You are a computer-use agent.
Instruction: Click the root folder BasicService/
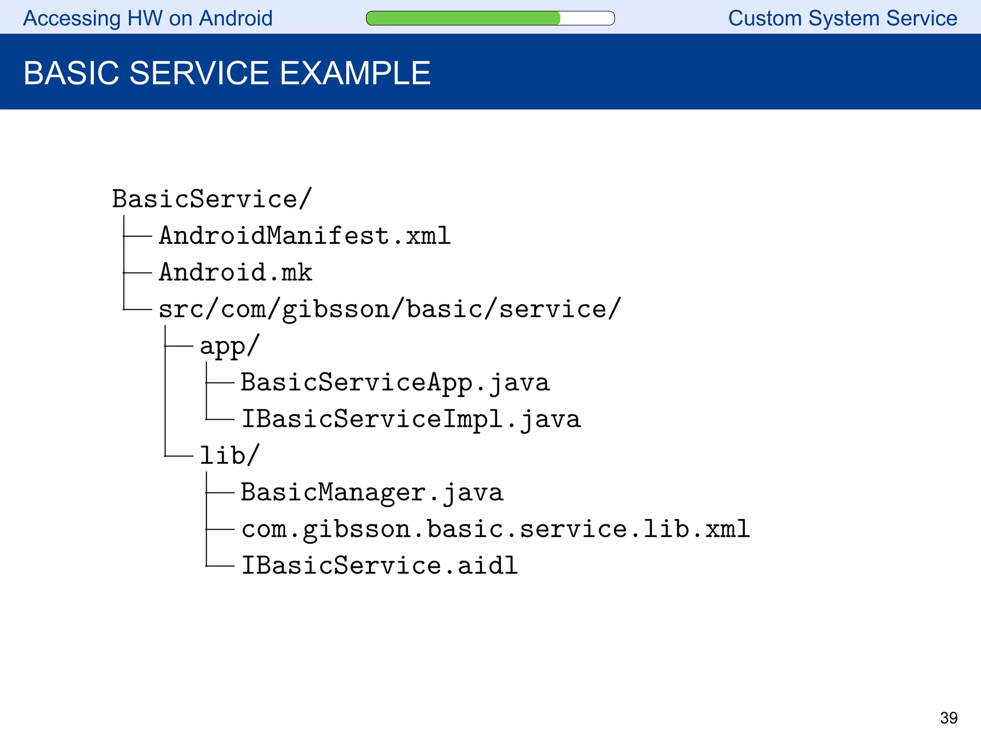pyautogui.click(x=212, y=199)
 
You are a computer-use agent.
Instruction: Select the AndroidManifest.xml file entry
pyautogui.click(x=305, y=236)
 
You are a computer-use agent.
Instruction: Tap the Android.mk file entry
pyautogui.click(x=235, y=272)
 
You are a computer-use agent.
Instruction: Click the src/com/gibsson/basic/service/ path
pyautogui.click(x=389, y=309)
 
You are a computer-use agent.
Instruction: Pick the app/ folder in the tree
pyautogui.click(x=229, y=345)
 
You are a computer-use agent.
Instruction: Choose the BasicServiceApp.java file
pyautogui.click(x=395, y=382)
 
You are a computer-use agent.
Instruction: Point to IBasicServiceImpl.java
pyautogui.click(x=411, y=419)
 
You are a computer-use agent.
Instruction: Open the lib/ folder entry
pyautogui.click(x=229, y=455)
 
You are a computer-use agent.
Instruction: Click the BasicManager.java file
pyautogui.click(x=372, y=492)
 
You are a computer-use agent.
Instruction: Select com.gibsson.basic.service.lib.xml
pyautogui.click(x=495, y=529)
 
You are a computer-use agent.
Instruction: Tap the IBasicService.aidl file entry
pyautogui.click(x=379, y=565)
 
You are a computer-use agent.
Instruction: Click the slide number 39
pyautogui.click(x=948, y=718)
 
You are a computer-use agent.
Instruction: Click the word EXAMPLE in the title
pyautogui.click(x=355, y=73)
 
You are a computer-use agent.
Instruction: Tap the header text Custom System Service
pyautogui.click(x=843, y=18)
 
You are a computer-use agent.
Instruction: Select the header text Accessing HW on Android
pyautogui.click(x=148, y=18)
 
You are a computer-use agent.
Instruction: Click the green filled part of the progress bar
pyautogui.click(x=463, y=18)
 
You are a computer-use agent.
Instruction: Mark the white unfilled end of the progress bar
pyautogui.click(x=587, y=18)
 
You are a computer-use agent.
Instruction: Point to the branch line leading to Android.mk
pyautogui.click(x=138, y=273)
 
